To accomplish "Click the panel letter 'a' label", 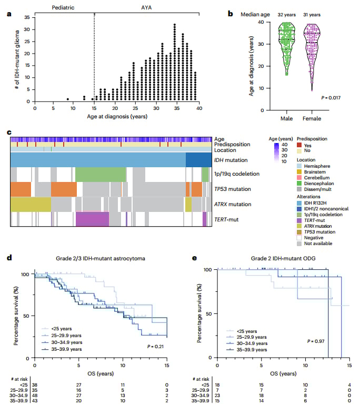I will pos(9,14).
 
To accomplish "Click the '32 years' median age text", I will pos(282,15).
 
